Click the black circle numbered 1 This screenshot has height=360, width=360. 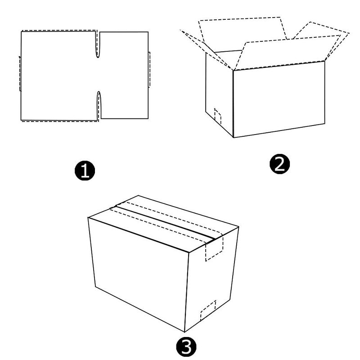pos(85,171)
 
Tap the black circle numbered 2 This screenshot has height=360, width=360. pos(279,164)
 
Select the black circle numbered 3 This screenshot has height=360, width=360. pos(186,346)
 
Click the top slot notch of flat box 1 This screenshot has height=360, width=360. pos(98,44)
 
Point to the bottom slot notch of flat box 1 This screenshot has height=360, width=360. pos(99,106)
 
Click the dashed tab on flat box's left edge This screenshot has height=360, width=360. pos(20,73)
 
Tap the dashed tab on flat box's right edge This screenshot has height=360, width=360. pos(149,70)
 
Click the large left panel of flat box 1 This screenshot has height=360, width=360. pos(58,76)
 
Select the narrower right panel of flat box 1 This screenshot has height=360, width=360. pos(124,75)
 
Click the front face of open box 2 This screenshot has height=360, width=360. pos(279,99)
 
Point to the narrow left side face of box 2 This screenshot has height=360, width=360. pos(219,94)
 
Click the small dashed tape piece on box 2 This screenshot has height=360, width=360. pos(218,117)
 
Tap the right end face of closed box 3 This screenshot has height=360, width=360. pos(211,279)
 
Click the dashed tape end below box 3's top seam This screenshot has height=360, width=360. pos(214,249)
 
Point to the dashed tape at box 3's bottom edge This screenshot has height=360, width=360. pos(208,310)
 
